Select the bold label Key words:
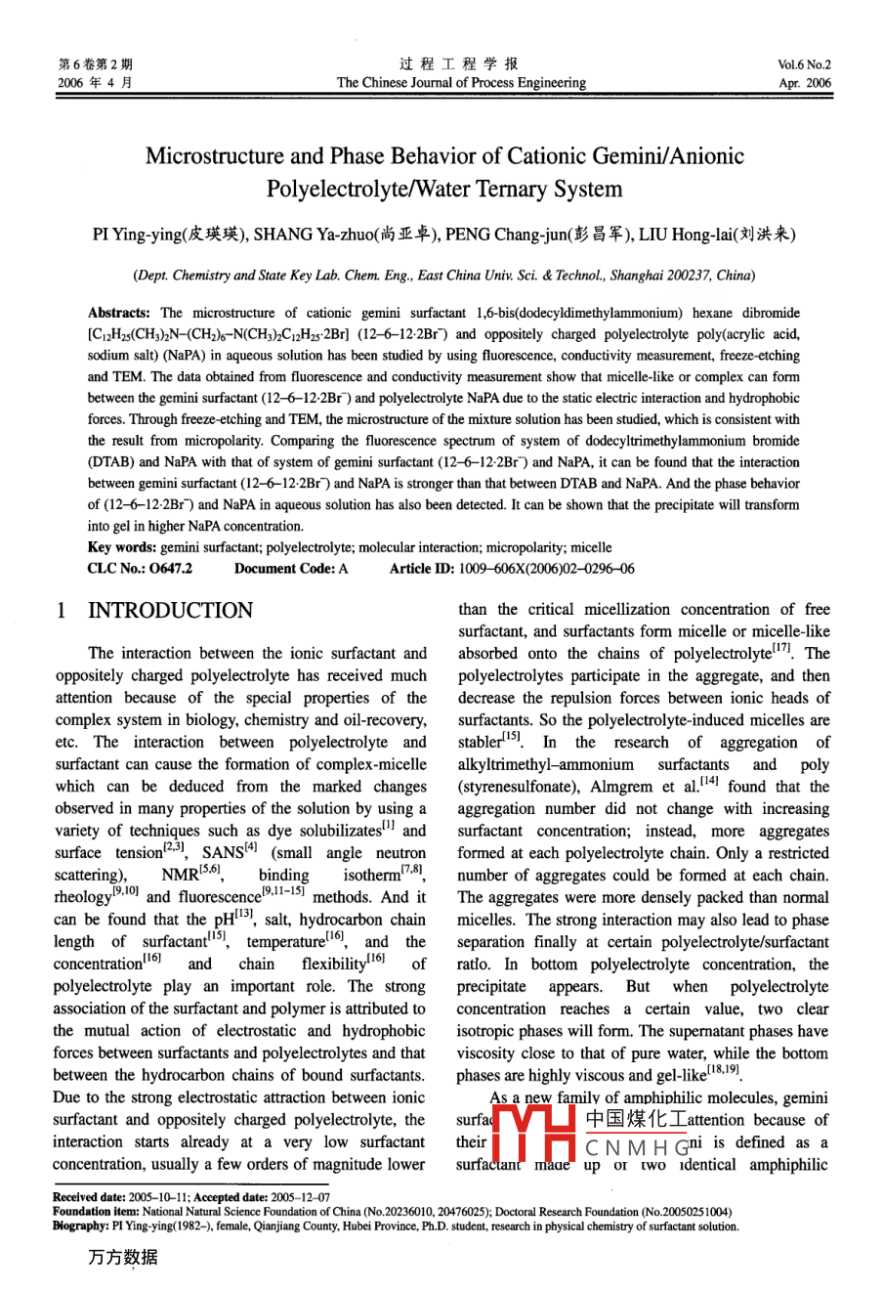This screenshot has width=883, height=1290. [121, 548]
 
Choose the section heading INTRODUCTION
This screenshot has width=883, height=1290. [170, 612]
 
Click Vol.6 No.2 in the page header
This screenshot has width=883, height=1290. [804, 65]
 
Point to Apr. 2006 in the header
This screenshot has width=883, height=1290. [805, 84]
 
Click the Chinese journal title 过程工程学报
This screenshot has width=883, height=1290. [459, 64]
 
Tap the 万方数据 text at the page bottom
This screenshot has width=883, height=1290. [122, 1258]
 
